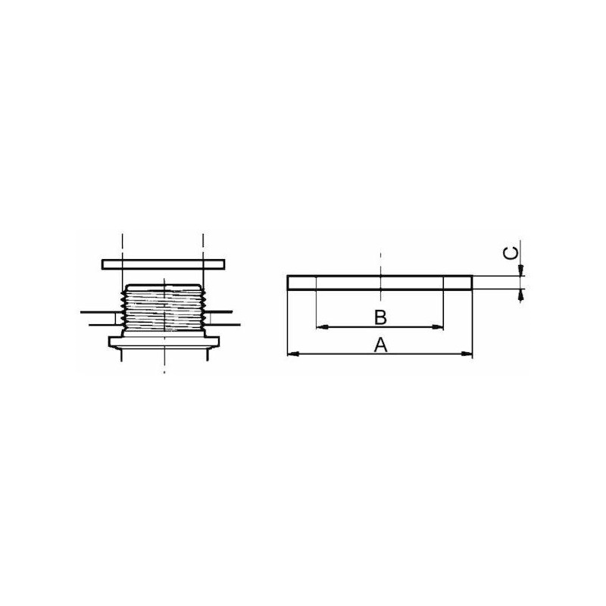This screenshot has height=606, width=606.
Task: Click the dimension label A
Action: [381, 345]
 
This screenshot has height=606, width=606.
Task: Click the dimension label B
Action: [381, 317]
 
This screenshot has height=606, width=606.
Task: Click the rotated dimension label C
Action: [511, 254]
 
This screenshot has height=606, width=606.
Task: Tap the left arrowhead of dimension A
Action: [293, 354]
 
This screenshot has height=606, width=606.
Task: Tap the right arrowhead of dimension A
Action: [467, 354]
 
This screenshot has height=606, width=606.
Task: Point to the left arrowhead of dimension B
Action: [323, 327]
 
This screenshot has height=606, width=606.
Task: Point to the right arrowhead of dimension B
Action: [438, 327]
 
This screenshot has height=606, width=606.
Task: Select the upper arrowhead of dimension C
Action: [521, 270]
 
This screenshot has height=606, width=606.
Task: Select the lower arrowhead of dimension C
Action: [521, 295]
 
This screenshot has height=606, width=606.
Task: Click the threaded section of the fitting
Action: [163, 308]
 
